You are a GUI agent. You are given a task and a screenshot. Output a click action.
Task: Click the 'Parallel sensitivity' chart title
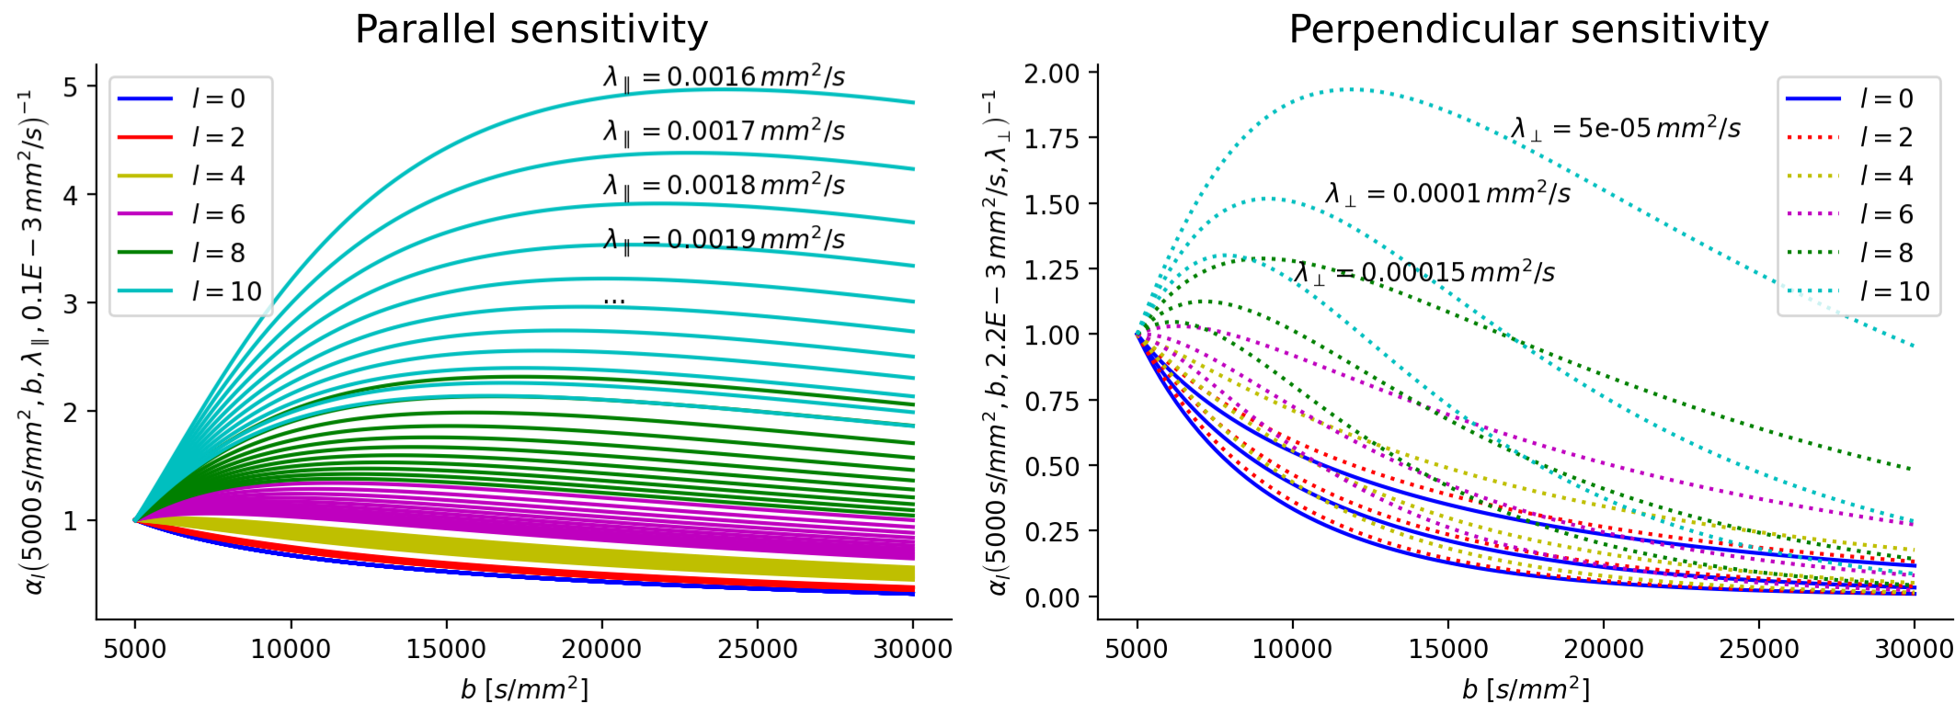[x=532, y=29]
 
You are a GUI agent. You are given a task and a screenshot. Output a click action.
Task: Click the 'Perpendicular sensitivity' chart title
[x=1528, y=29]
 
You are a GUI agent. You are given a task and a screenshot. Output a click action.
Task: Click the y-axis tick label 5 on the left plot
[x=70, y=87]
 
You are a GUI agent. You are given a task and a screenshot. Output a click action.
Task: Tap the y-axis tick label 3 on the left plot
[x=70, y=304]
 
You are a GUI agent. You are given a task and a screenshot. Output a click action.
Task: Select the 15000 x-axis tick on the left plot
[x=446, y=649]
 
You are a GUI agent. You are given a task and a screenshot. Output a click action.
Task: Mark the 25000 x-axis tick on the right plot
[x=1758, y=649]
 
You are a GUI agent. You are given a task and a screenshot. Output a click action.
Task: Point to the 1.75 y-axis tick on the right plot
[x=1051, y=139]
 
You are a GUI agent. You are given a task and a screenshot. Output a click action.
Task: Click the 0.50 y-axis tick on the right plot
[x=1051, y=467]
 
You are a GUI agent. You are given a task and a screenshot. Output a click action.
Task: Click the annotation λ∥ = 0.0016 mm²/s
[x=724, y=77]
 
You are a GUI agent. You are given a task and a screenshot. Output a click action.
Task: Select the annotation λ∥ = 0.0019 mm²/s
[x=724, y=240]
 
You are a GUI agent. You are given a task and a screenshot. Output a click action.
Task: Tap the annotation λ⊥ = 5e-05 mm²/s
[x=1626, y=129]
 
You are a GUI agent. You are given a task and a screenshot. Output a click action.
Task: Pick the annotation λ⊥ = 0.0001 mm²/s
[x=1447, y=194]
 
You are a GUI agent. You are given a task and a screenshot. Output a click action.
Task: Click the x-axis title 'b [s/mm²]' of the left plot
[x=524, y=688]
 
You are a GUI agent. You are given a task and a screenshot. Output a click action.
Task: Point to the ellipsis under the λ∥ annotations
[x=614, y=300]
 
